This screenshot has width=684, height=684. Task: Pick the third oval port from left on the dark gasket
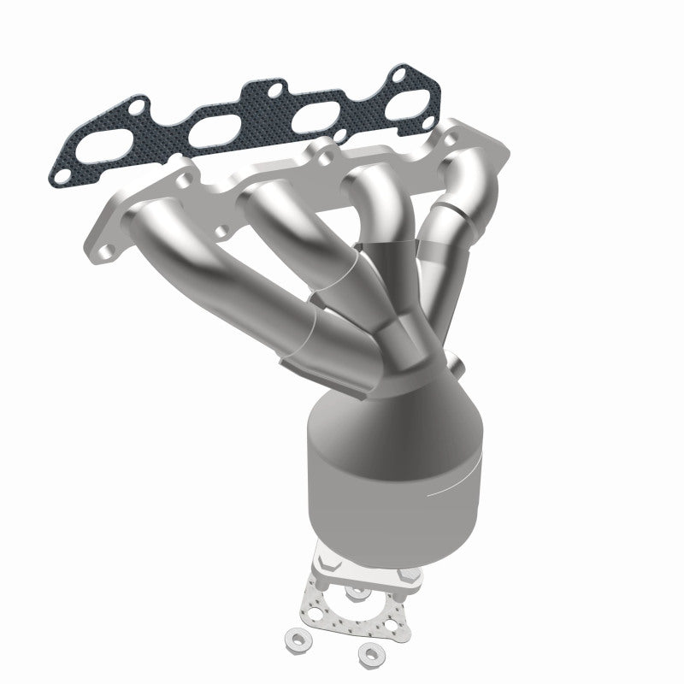click(x=304, y=120)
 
